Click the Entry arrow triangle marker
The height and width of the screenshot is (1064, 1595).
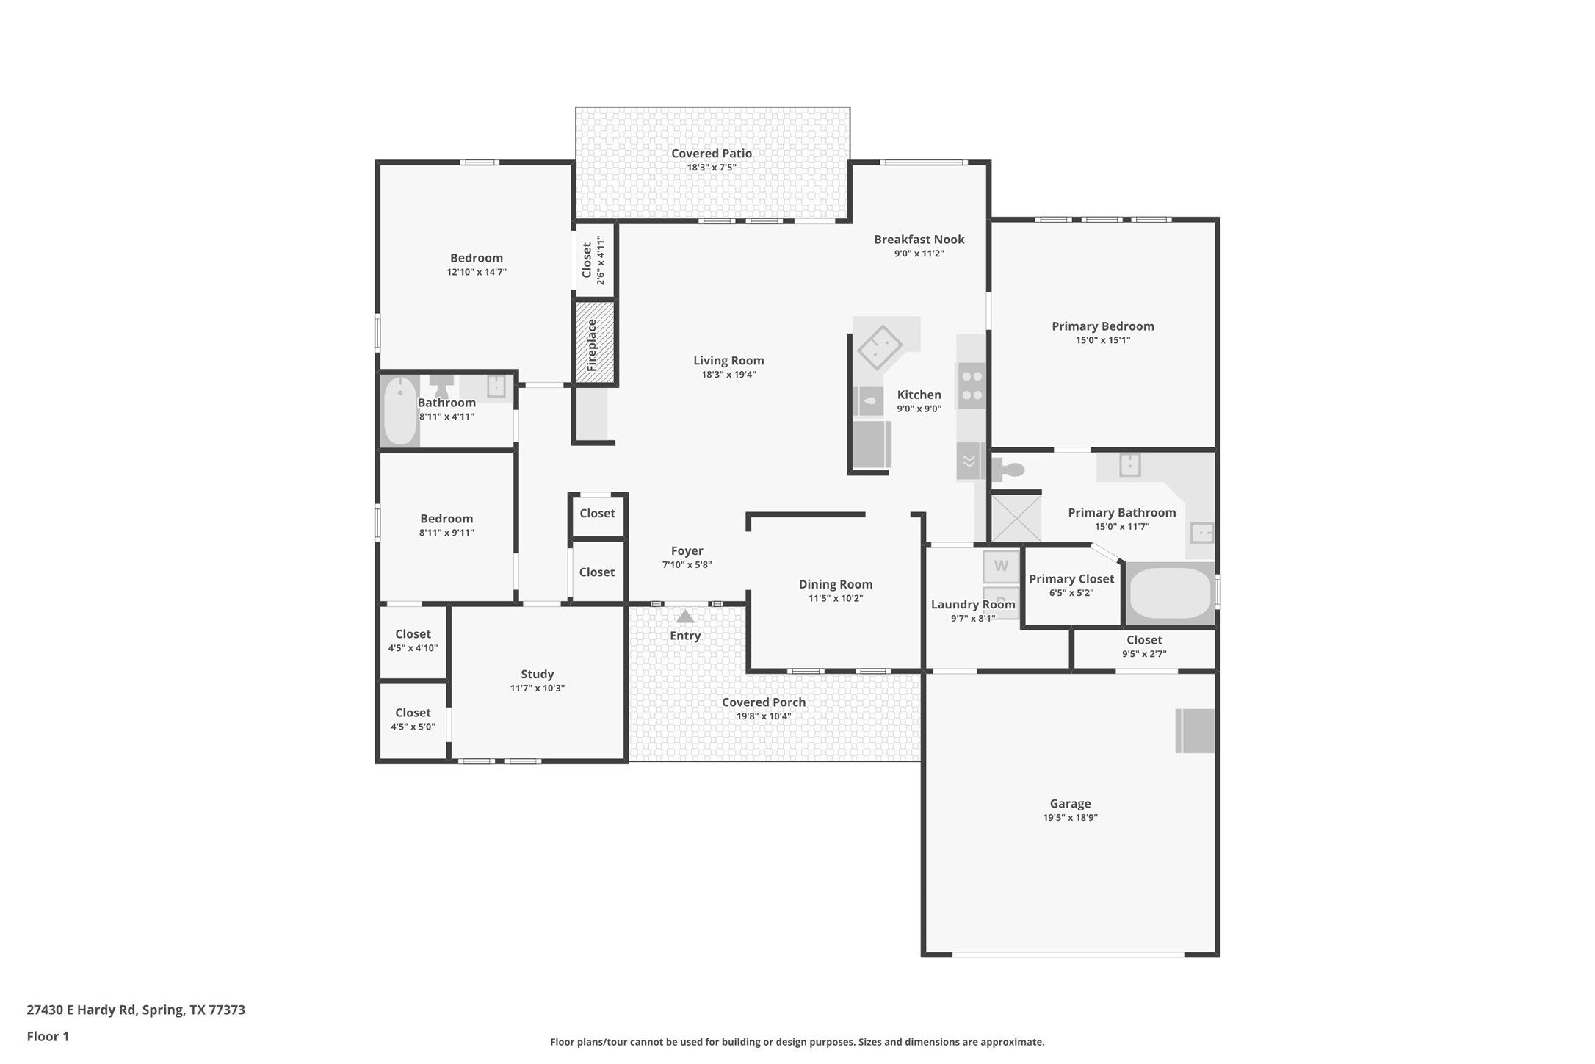[x=684, y=617]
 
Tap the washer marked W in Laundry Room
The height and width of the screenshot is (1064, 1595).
[x=1001, y=566]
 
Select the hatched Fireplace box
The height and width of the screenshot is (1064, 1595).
[x=594, y=342]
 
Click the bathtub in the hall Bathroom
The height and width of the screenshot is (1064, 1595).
[x=400, y=411]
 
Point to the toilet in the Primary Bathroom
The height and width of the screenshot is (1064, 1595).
[x=1010, y=469]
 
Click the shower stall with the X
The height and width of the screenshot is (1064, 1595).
[x=1016, y=518]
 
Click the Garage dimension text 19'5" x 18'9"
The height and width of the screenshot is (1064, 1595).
[x=1070, y=817]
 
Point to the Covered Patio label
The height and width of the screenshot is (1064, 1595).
[x=711, y=153]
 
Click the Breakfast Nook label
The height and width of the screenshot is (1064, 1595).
[x=919, y=239]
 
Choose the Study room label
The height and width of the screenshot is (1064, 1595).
[x=537, y=674]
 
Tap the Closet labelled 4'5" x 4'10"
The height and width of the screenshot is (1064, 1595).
[x=413, y=640]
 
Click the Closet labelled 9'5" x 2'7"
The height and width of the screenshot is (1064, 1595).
[x=1143, y=647]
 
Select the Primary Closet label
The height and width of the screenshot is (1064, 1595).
[x=1071, y=579]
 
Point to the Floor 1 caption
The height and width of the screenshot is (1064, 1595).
[x=48, y=1036]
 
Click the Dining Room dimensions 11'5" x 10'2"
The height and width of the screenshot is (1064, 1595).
[x=835, y=598]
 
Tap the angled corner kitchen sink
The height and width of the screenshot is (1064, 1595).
[x=879, y=346]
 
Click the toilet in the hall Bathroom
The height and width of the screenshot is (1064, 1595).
[x=441, y=385]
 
